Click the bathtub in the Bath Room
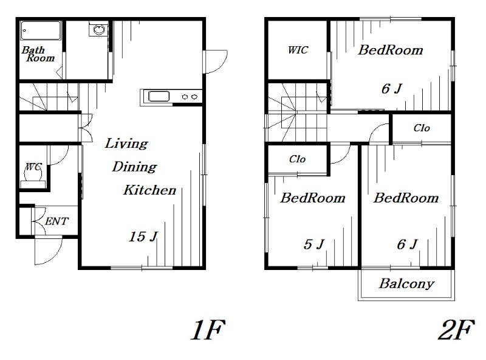pyautogui.click(x=40, y=30)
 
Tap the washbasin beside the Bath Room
pyautogui.click(x=97, y=30)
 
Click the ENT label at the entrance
pyautogui.click(x=56, y=221)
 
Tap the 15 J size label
pyautogui.click(x=143, y=237)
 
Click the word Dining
pyautogui.click(x=134, y=167)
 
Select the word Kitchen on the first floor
pyautogui.click(x=149, y=190)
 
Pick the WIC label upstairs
pyautogui.click(x=298, y=50)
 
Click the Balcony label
pyautogui.click(x=406, y=283)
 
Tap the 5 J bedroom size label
pyautogui.click(x=314, y=244)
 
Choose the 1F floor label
pyautogui.click(x=207, y=331)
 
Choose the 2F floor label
pyautogui.click(x=455, y=331)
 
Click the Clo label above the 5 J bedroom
pyautogui.click(x=297, y=159)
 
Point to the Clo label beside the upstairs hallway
pyautogui.click(x=422, y=128)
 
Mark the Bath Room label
pyautogui.click(x=38, y=54)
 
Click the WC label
pyautogui.click(x=33, y=166)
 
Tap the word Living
pyautogui.click(x=126, y=144)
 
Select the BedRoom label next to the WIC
pyautogui.click(x=390, y=50)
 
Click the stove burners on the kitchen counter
pyautogui.click(x=190, y=96)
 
